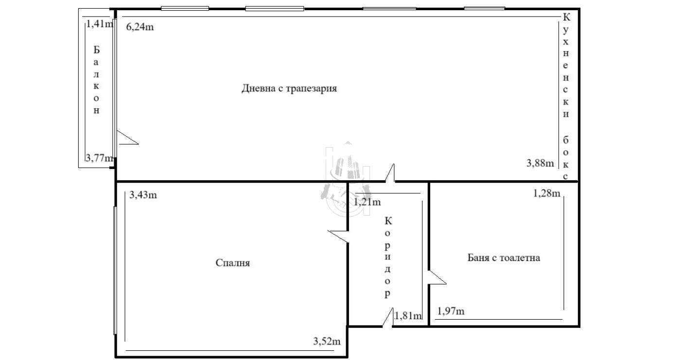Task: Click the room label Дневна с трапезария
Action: (289, 88)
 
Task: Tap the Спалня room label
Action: (232, 262)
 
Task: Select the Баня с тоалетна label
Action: (504, 257)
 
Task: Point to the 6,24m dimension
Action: (140, 27)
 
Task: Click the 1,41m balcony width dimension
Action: (99, 24)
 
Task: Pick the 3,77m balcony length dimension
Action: (99, 158)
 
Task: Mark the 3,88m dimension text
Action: (540, 163)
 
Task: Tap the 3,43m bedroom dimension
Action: (143, 195)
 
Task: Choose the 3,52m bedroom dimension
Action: (327, 341)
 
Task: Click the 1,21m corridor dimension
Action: (367, 202)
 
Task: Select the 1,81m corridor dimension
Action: (408, 316)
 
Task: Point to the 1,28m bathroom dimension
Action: (546, 193)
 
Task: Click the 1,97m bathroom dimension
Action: (451, 311)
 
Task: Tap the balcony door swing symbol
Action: (127, 137)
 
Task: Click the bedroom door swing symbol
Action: (338, 237)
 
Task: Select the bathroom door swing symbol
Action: (437, 277)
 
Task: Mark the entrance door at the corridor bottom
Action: (388, 317)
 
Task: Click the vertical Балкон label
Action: (96, 80)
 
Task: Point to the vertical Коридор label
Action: (388, 257)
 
